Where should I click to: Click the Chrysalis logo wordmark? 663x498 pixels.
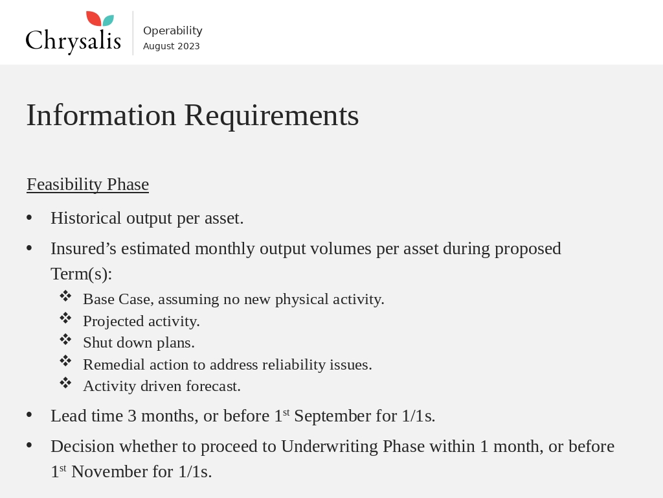(x=73, y=40)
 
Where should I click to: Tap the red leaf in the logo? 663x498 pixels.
(x=93, y=19)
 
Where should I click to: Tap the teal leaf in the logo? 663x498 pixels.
(x=108, y=21)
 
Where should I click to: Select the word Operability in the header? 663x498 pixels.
(x=172, y=30)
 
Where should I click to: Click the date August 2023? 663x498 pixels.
(x=171, y=46)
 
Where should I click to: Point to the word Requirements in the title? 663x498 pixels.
(x=271, y=115)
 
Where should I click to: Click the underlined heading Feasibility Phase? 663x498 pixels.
(x=87, y=184)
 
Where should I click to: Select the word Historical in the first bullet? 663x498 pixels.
(x=86, y=218)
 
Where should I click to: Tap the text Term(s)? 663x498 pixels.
(x=81, y=274)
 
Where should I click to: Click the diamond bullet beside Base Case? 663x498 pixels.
(x=65, y=296)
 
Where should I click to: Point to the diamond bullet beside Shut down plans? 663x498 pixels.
(x=65, y=340)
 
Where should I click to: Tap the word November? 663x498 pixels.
(x=109, y=471)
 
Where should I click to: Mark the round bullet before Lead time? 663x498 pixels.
(x=29, y=415)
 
